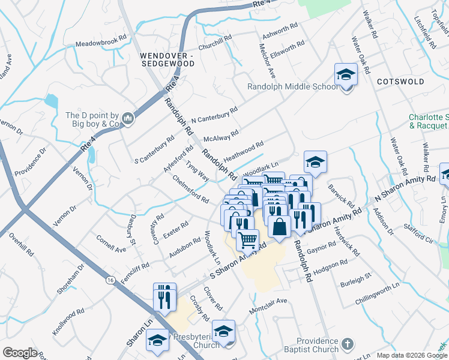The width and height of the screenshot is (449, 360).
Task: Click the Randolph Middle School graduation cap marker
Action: point(346,75)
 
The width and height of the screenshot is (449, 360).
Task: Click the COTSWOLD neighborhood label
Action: point(400,82)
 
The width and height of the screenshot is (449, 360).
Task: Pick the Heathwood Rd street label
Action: point(244,151)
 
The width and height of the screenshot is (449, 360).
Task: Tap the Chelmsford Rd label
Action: point(190,190)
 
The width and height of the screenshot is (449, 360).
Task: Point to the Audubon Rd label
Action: point(184,247)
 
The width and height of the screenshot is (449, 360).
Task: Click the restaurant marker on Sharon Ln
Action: point(164,296)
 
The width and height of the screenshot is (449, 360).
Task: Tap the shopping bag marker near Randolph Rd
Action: point(280,227)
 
